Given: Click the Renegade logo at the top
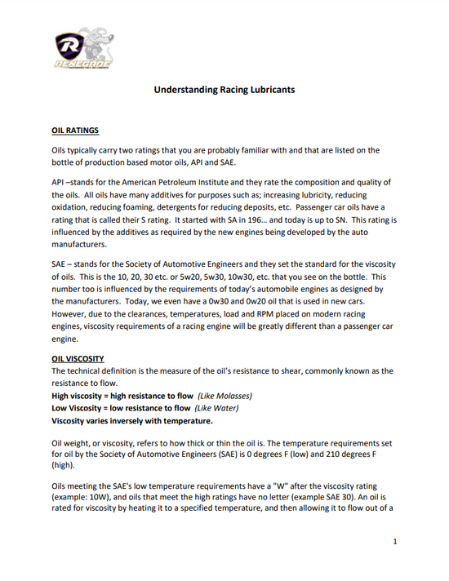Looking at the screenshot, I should click(x=82, y=48).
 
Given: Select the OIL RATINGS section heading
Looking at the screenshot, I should click(x=75, y=130).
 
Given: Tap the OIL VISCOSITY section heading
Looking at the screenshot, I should click(x=78, y=358).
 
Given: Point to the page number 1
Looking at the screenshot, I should click(x=394, y=542).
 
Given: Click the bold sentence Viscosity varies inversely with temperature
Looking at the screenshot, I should click(x=132, y=421).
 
